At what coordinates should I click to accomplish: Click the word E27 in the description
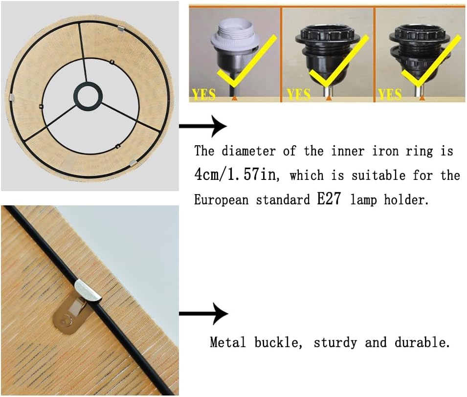coord(329,198)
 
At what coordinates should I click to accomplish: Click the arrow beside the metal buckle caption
coord(203,313)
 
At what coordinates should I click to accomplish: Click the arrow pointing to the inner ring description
coord(203,126)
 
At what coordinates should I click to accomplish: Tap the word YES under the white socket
coord(204,94)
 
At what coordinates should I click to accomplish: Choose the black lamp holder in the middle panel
coord(328,57)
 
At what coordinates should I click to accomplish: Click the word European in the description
coord(222,199)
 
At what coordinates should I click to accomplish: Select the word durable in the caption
coord(422,342)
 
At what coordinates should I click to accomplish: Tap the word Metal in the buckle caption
coord(228,342)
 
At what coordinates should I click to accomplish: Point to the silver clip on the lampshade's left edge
coord(11,97)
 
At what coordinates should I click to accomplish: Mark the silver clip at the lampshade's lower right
coord(133,163)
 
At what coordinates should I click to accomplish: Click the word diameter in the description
coord(248,151)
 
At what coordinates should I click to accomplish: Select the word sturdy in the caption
coord(335,343)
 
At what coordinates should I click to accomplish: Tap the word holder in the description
coord(406,199)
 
